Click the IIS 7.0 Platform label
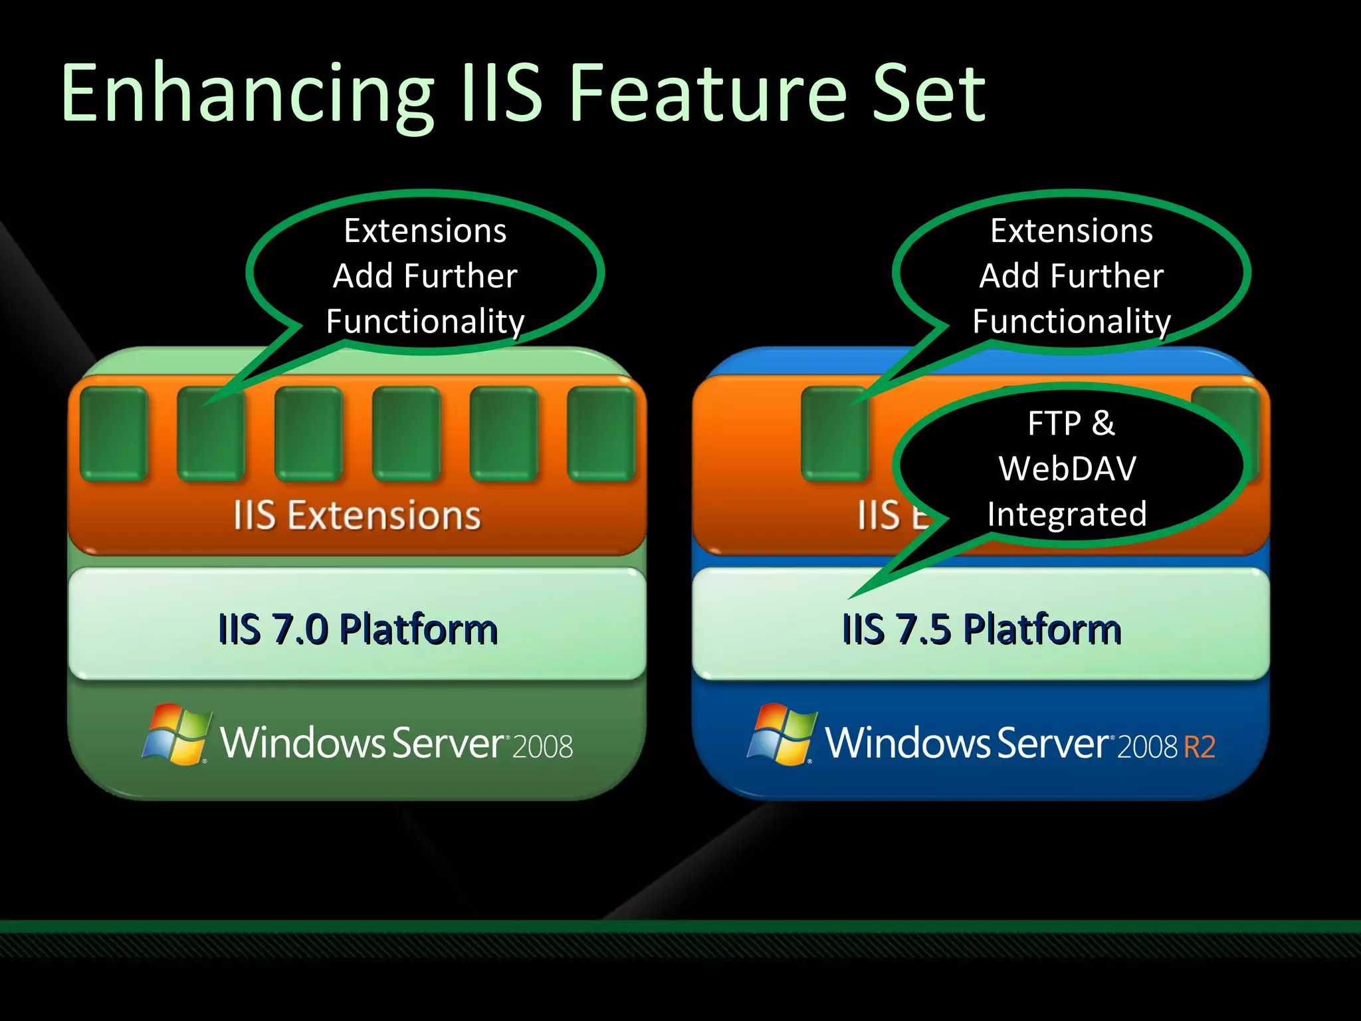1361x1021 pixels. coord(358,629)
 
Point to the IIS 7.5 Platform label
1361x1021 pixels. coord(982,629)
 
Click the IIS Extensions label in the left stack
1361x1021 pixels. coord(357,516)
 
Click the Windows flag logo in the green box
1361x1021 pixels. coord(175,735)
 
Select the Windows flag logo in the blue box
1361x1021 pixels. coord(782,735)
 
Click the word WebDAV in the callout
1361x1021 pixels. coord(1067,469)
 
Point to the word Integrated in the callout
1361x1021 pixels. coord(1067,514)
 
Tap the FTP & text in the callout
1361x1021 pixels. coord(1071,423)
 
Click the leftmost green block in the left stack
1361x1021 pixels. coord(114,433)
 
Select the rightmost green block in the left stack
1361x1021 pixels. coord(601,433)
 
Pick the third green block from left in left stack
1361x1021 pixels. coord(308,433)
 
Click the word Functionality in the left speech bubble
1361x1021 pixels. coord(425,322)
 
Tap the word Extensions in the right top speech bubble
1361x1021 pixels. coord(1071,231)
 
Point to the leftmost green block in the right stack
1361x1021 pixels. coord(835,433)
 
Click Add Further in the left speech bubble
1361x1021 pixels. coord(425,276)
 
